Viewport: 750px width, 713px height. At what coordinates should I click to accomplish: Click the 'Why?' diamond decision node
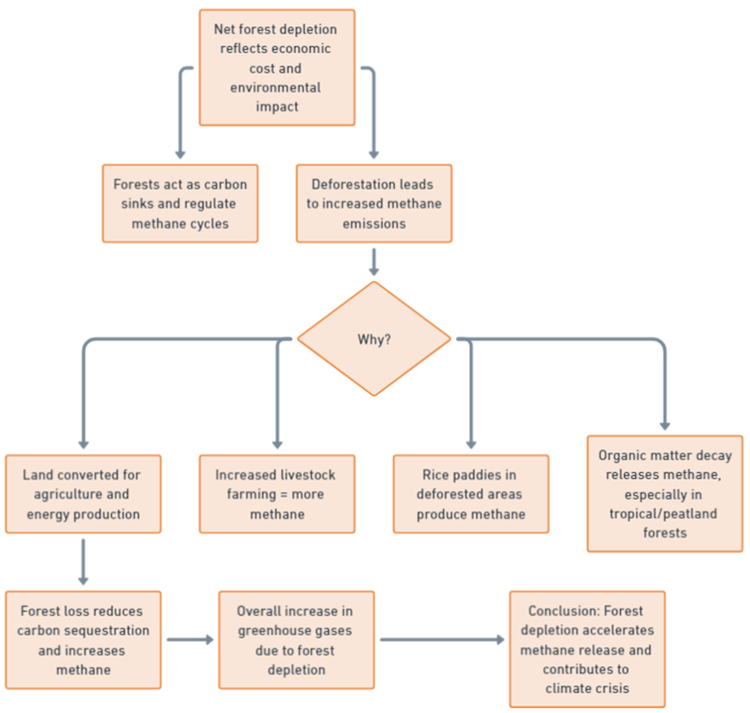(x=374, y=339)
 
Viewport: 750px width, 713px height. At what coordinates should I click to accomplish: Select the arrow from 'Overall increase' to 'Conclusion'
(x=441, y=640)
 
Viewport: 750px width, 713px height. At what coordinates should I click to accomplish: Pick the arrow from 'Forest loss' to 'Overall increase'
(x=189, y=640)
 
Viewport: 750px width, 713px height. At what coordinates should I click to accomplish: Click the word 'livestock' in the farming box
(x=307, y=475)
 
